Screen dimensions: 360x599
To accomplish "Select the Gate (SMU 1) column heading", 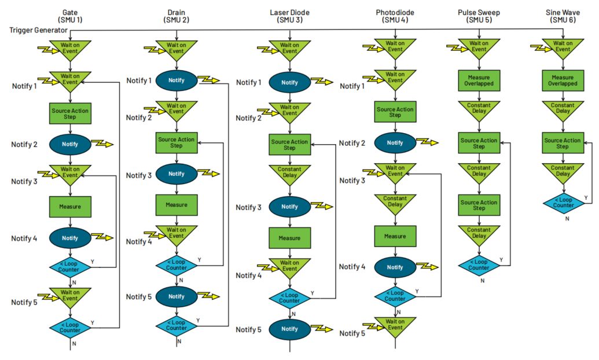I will click(x=70, y=16).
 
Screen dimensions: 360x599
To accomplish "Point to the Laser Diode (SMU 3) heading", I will click(x=290, y=16).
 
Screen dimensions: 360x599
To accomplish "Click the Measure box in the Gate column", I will click(x=70, y=206).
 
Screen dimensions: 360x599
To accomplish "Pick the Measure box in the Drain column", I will click(x=177, y=204).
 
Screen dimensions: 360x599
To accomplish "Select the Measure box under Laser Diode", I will click(x=289, y=238).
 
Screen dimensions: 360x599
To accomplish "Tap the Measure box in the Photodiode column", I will click(x=395, y=236).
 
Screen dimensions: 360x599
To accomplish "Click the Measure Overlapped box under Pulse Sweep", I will click(x=479, y=80).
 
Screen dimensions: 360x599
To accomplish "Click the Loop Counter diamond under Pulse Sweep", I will click(x=479, y=265).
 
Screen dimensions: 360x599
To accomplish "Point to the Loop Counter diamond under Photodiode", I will click(x=395, y=296).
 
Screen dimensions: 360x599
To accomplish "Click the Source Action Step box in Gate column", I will click(x=70, y=113).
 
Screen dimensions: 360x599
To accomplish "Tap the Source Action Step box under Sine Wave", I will click(x=563, y=143).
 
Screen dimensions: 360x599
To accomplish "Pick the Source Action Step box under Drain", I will click(x=177, y=142).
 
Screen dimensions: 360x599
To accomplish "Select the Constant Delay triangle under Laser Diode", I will click(x=289, y=173).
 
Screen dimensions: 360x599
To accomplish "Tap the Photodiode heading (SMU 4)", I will click(x=395, y=16).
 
